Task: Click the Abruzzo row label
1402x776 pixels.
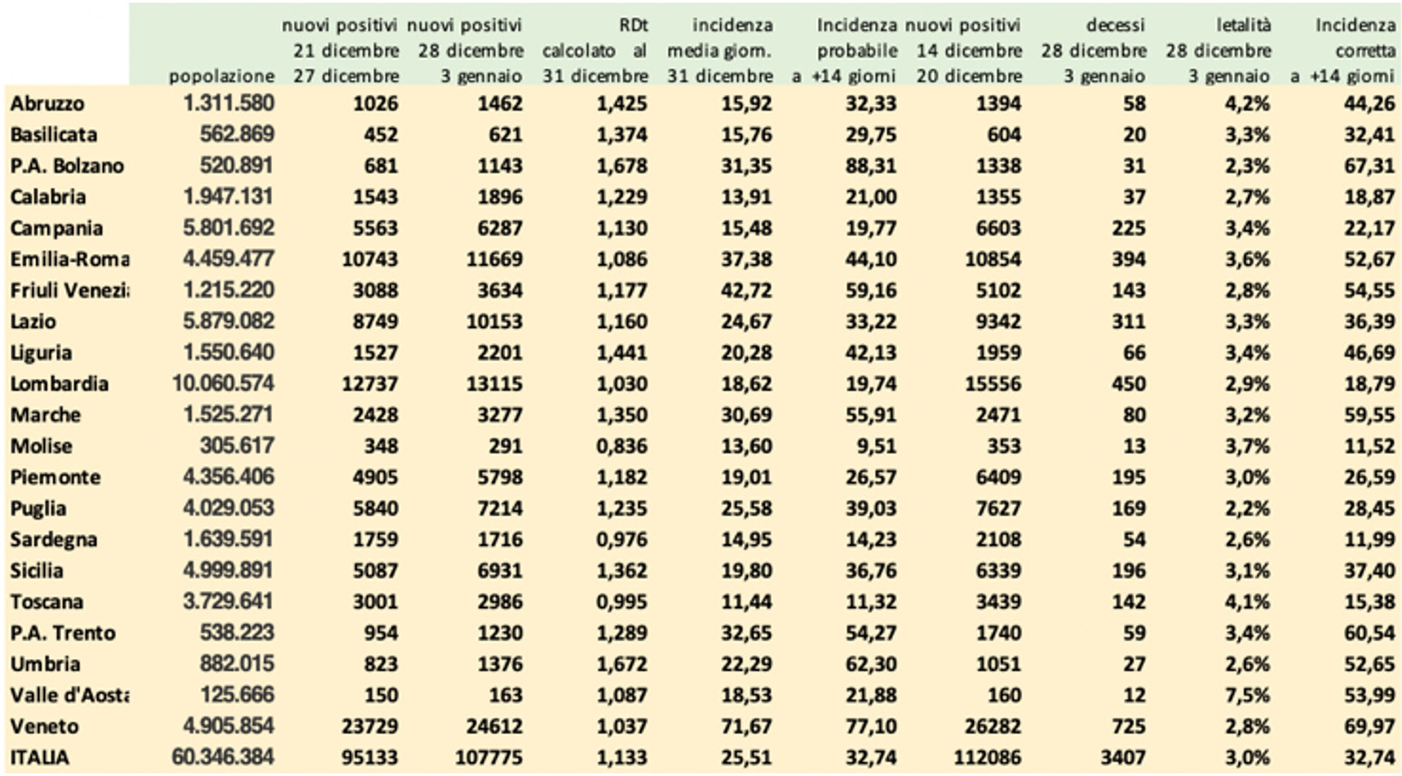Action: [x=46, y=104]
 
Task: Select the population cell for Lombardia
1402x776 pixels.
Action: [x=223, y=383]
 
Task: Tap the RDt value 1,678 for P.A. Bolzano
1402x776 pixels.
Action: [x=622, y=166]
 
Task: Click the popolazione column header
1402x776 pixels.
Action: [x=221, y=76]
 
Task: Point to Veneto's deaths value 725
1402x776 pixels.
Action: [x=1128, y=726]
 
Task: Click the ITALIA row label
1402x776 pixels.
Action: [x=39, y=758]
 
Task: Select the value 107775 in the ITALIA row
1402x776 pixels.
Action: [x=490, y=758]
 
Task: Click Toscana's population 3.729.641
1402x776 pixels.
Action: [x=228, y=602]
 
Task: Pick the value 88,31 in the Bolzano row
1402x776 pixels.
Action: [x=871, y=166]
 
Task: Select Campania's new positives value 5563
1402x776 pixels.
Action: [x=370, y=228]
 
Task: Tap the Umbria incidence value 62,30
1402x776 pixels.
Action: [x=871, y=664]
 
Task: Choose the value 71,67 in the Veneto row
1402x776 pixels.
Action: [x=746, y=726]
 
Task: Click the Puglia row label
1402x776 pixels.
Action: [x=38, y=509]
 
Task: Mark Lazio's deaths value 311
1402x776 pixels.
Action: [x=1128, y=322]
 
